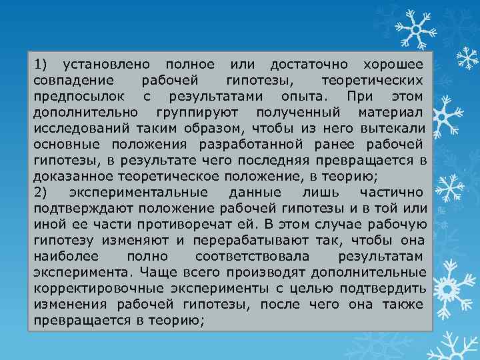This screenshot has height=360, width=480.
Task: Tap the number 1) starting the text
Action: pyautogui.click(x=41, y=65)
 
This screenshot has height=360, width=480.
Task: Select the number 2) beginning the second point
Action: pyautogui.click(x=41, y=193)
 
